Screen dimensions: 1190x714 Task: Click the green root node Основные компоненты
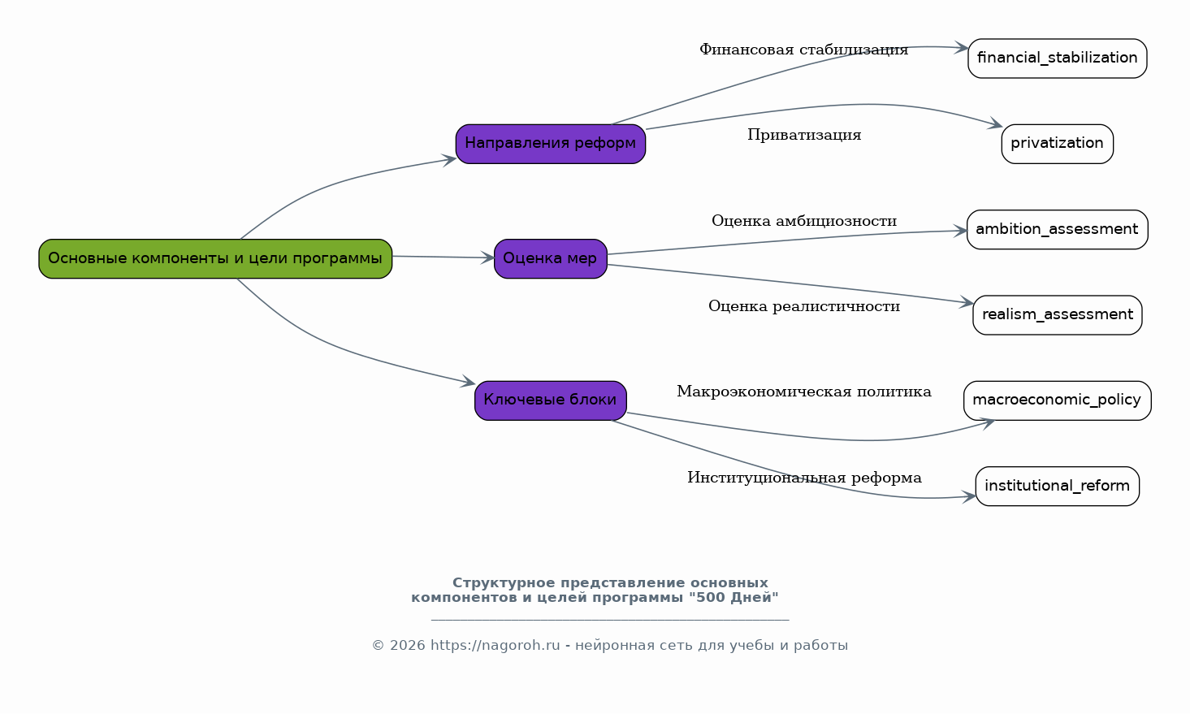215,259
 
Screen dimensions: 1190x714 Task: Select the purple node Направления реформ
551,144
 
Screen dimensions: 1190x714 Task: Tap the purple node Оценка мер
551,259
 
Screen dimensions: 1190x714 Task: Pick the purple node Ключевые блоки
551,400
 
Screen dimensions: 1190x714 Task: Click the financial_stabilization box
1057,58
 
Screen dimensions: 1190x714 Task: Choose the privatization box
1057,144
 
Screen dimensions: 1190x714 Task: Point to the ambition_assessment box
1057,230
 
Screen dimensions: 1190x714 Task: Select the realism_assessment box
1057,315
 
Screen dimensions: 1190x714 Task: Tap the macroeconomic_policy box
1057,400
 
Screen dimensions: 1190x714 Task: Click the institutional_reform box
1057,486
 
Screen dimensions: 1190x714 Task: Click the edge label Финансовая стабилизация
804,50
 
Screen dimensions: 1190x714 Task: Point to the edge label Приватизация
804,136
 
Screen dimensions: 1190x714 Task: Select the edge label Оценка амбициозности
804,221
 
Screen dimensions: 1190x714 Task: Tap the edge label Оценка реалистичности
804,306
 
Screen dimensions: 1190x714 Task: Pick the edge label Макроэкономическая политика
804,392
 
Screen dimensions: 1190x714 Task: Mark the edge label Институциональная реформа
804,478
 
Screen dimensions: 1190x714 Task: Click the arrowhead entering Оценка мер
487,257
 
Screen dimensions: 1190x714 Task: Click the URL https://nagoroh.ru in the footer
495,646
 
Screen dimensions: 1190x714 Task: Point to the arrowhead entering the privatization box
995,124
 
